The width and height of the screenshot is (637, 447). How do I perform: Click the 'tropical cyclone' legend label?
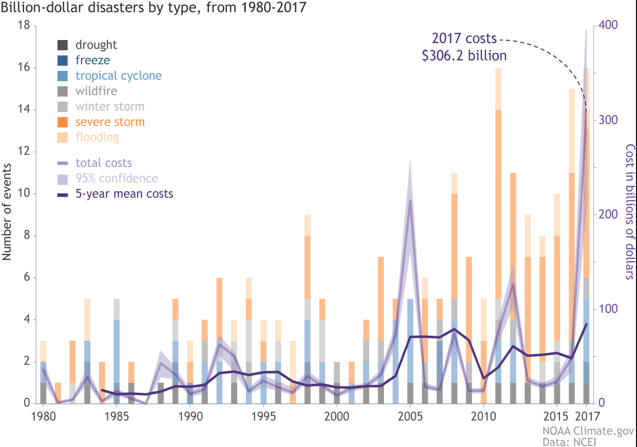coord(119,76)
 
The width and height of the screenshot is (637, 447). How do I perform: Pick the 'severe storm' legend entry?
coord(110,122)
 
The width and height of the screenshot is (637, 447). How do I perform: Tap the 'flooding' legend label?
coord(97,138)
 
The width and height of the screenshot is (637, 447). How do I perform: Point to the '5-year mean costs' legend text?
coord(124,194)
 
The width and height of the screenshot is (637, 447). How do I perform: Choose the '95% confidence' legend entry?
coord(117,179)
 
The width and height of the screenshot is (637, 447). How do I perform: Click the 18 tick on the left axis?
coord(24,26)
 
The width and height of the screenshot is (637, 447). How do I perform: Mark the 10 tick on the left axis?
coord(24,194)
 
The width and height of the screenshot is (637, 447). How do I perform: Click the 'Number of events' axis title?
coord(7,215)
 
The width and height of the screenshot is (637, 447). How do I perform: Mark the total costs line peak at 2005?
coord(410,201)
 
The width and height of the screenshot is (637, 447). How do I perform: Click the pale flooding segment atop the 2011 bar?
coord(498,89)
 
